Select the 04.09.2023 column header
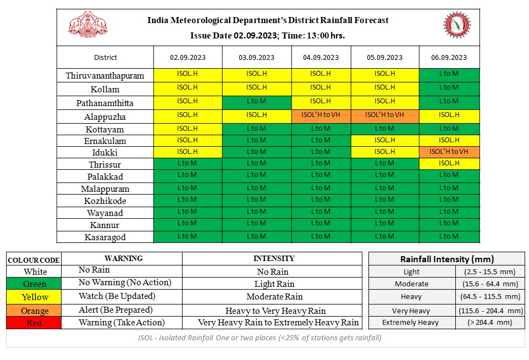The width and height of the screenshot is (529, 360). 321,57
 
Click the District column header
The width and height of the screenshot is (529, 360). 105,57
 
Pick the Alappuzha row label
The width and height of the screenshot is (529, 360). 105,117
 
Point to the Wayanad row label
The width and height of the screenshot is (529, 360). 105,213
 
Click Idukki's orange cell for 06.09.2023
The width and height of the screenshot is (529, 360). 449,151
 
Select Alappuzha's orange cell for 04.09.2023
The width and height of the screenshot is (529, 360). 321,115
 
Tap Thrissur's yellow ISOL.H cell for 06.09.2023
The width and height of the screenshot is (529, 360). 449,163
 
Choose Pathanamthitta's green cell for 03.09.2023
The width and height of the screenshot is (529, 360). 256,101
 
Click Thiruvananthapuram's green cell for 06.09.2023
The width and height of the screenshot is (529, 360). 449,74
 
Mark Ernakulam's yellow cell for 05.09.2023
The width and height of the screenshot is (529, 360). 384,140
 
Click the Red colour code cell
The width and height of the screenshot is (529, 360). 34,323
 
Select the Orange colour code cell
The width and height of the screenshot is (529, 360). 34,311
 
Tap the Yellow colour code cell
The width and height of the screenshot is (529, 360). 34,297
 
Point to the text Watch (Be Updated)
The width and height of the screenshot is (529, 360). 117,296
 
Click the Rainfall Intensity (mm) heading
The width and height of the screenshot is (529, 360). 447,259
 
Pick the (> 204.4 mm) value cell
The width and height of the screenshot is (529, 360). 489,323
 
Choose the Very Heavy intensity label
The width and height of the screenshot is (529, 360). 411,311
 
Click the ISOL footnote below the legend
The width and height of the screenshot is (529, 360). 260,337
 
